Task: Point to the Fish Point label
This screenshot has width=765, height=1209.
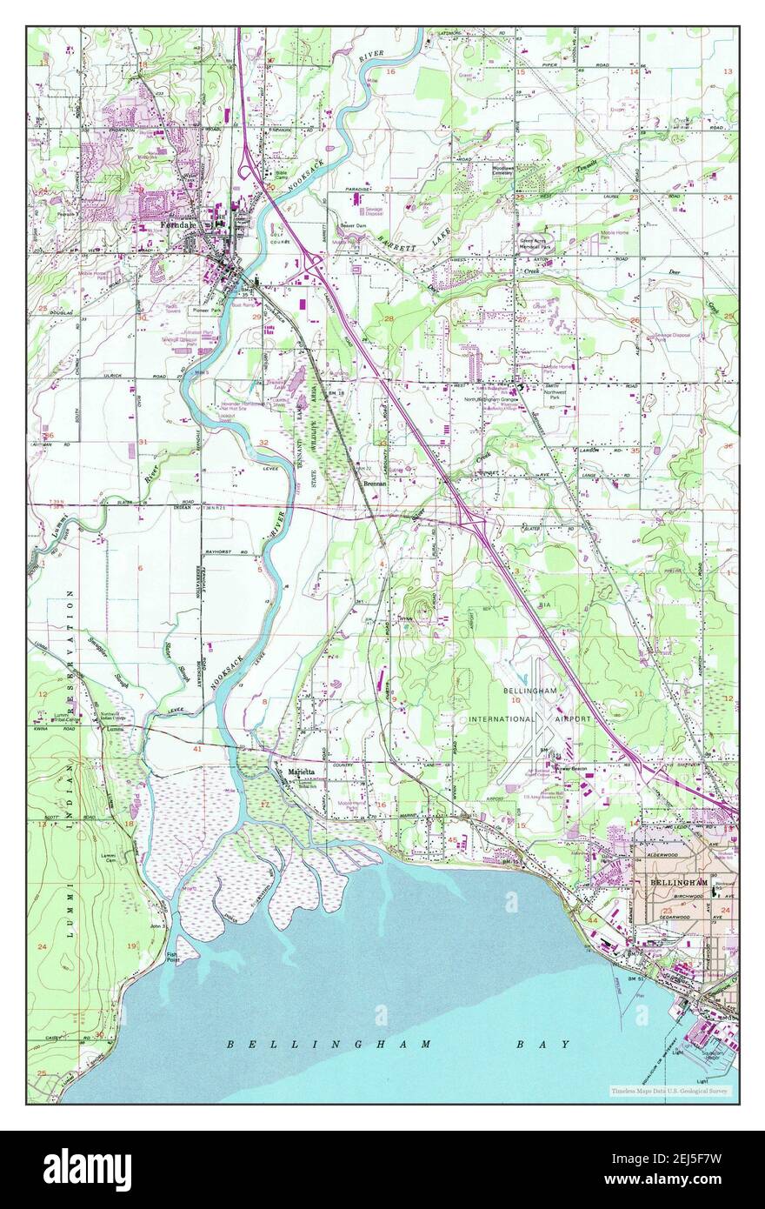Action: tap(174, 957)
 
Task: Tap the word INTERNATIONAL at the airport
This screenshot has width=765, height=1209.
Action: tap(501, 719)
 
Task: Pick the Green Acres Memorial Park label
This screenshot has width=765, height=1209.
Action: tap(540, 244)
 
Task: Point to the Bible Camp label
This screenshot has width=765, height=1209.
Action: tap(281, 175)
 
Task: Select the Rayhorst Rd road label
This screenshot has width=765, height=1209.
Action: tap(222, 552)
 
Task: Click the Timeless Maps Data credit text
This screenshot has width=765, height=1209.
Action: tap(669, 1091)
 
